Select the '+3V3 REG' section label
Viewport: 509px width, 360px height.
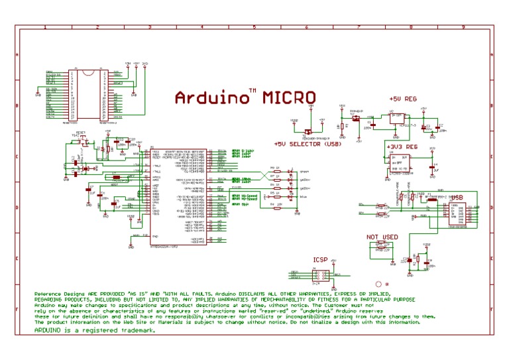[x=400, y=146]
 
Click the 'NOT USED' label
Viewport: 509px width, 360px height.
[x=382, y=237]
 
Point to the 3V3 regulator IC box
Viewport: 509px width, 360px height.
[x=398, y=162]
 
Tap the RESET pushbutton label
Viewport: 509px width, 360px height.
[x=81, y=133]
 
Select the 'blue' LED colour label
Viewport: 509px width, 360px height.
[x=304, y=197]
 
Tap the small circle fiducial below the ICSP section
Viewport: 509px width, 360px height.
[x=378, y=282]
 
